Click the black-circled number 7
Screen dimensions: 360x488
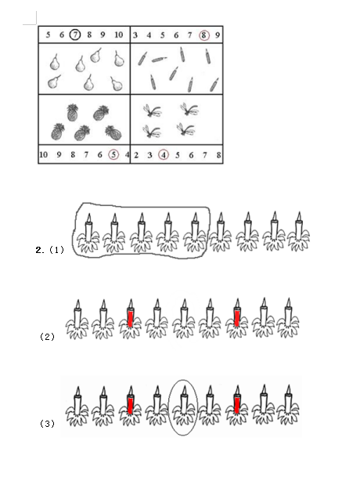[x=75, y=34]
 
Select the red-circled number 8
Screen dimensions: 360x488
[x=204, y=35]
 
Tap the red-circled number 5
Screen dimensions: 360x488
[x=113, y=154]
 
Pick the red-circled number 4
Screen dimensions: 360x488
[x=164, y=154]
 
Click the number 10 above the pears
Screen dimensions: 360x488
[x=119, y=34]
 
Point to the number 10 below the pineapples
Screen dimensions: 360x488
[x=44, y=154]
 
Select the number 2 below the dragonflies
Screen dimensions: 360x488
[x=136, y=155]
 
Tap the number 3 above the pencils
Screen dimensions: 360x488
[x=135, y=35]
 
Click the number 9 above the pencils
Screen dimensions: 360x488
[x=218, y=35]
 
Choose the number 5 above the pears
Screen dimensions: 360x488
[x=48, y=34]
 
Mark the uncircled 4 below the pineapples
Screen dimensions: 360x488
[x=127, y=154]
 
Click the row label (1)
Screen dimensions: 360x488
[x=57, y=250]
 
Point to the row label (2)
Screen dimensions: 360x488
[x=47, y=337]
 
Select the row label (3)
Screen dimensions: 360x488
[x=47, y=423]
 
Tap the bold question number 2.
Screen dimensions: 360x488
[x=40, y=250]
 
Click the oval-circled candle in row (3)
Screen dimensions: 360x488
[x=184, y=407]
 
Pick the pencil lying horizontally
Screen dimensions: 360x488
[x=159, y=59]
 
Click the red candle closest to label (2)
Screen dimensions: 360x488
[x=131, y=319]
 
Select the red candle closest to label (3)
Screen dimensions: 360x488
[x=131, y=406]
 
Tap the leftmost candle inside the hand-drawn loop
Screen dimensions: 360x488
[x=88, y=233]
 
